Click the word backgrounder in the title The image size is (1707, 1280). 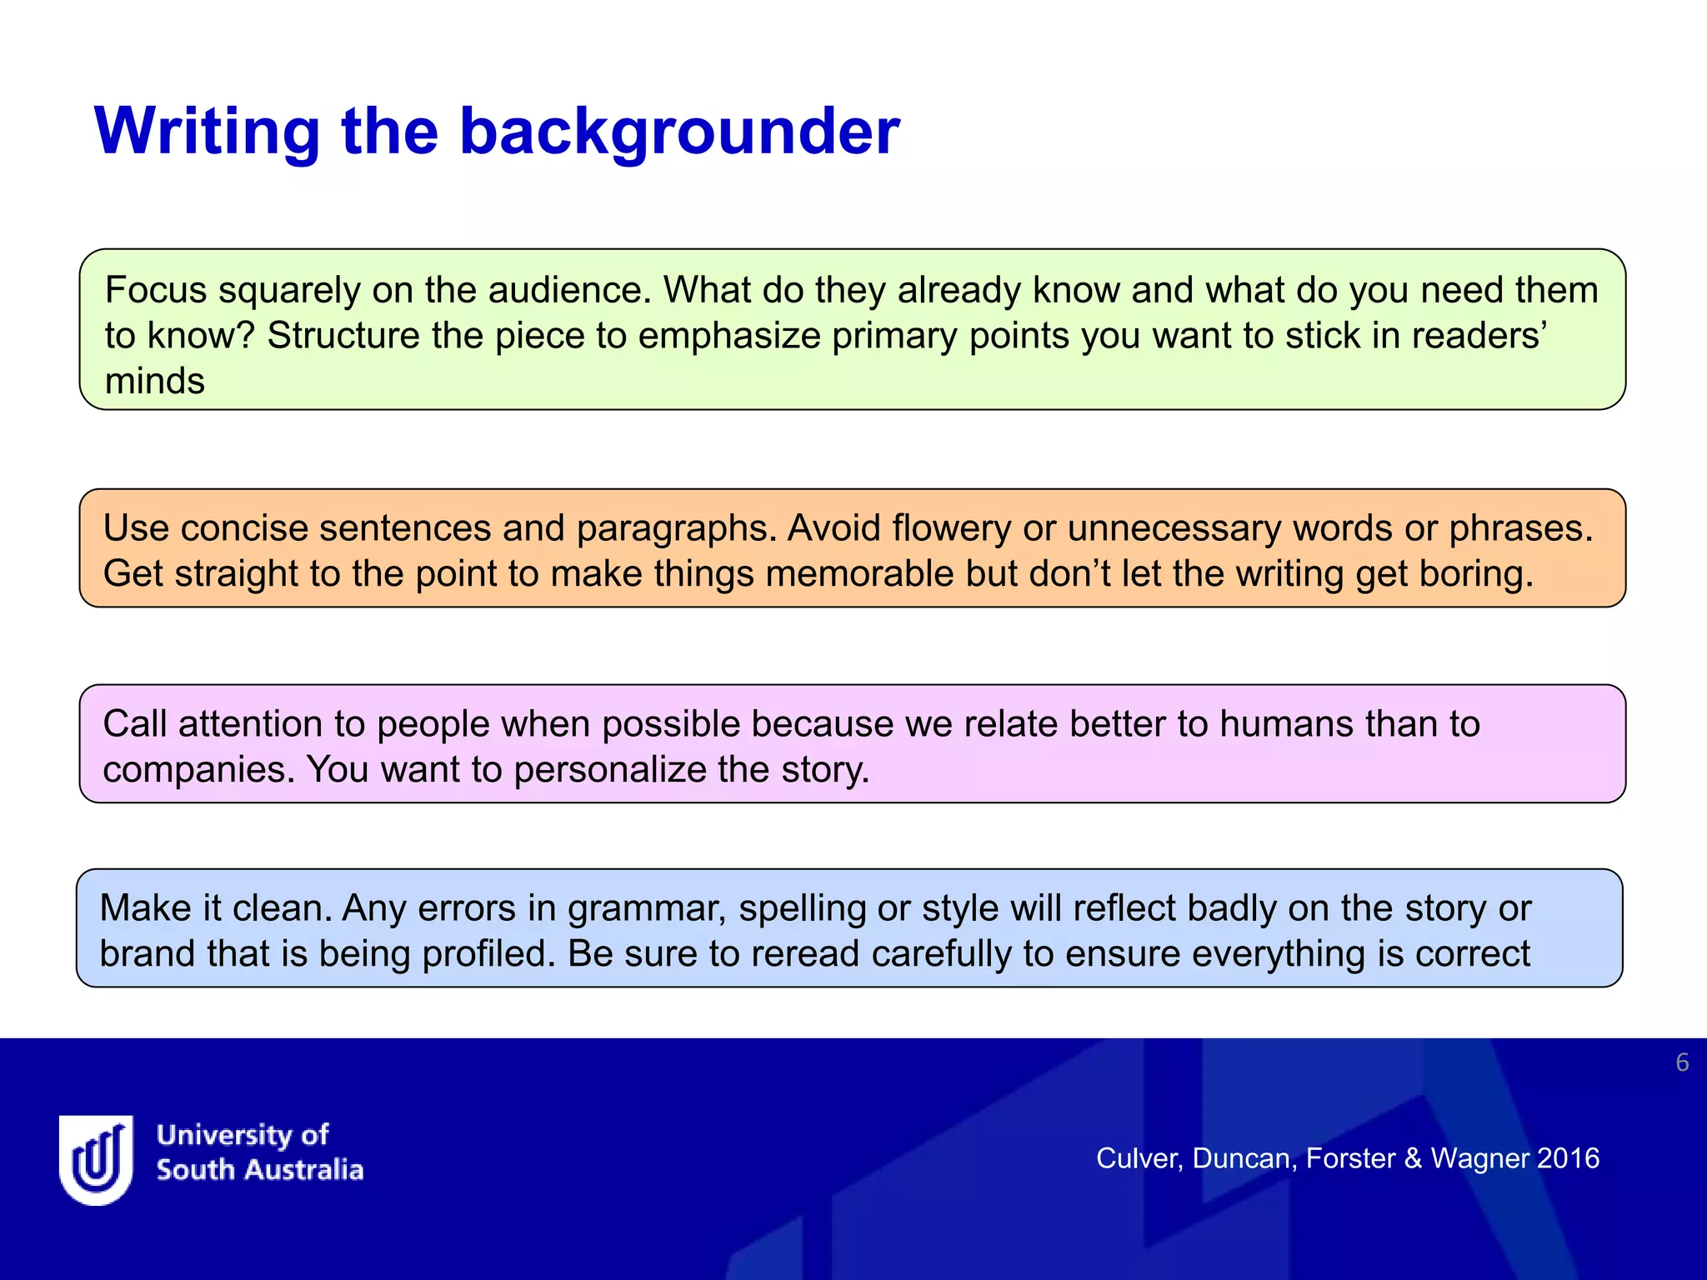pyautogui.click(x=679, y=132)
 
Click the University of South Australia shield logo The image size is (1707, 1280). pyautogui.click(x=96, y=1159)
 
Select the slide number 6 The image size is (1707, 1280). pyautogui.click(x=1682, y=1062)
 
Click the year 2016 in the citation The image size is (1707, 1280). pyautogui.click(x=1568, y=1158)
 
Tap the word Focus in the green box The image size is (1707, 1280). pyautogui.click(x=156, y=290)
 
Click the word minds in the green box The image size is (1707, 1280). pyautogui.click(x=155, y=381)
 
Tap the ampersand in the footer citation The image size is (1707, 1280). pyautogui.click(x=1413, y=1158)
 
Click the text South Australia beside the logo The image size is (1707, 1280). pyautogui.click(x=260, y=1170)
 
